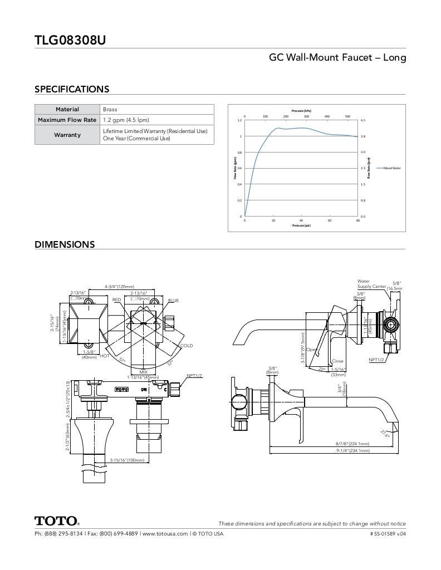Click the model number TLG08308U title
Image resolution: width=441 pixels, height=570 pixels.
pyautogui.click(x=70, y=40)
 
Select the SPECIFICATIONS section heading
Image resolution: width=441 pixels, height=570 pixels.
pyautogui.click(x=72, y=89)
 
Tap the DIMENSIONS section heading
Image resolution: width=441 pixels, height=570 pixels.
pyautogui.click(x=65, y=244)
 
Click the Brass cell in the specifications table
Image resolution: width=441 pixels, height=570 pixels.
pyautogui.click(x=110, y=110)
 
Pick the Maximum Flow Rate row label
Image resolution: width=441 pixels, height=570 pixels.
pyautogui.click(x=67, y=120)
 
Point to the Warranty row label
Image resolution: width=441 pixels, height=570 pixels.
pyautogui.click(x=67, y=135)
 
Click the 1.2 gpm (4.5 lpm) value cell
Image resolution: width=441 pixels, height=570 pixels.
pyautogui.click(x=126, y=120)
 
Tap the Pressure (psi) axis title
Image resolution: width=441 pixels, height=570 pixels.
pyautogui.click(x=301, y=225)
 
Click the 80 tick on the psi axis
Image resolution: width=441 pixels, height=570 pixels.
pyautogui.click(x=357, y=220)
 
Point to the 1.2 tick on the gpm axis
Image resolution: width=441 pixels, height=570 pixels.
pyautogui.click(x=240, y=120)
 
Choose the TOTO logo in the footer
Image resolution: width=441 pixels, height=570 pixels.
pyautogui.click(x=57, y=522)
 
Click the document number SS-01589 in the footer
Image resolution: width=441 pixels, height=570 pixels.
pyautogui.click(x=388, y=534)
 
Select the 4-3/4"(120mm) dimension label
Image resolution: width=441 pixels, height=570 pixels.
pyautogui.click(x=119, y=287)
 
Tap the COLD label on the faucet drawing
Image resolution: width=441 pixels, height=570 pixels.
pyautogui.click(x=186, y=346)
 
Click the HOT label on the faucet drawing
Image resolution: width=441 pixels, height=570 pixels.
pyautogui.click(x=105, y=356)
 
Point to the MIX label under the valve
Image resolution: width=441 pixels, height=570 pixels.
pyautogui.click(x=143, y=372)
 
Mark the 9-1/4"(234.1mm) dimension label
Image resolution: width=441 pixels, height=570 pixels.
pyautogui.click(x=352, y=450)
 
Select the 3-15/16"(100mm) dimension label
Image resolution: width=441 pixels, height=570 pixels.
pyautogui.click(x=127, y=460)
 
